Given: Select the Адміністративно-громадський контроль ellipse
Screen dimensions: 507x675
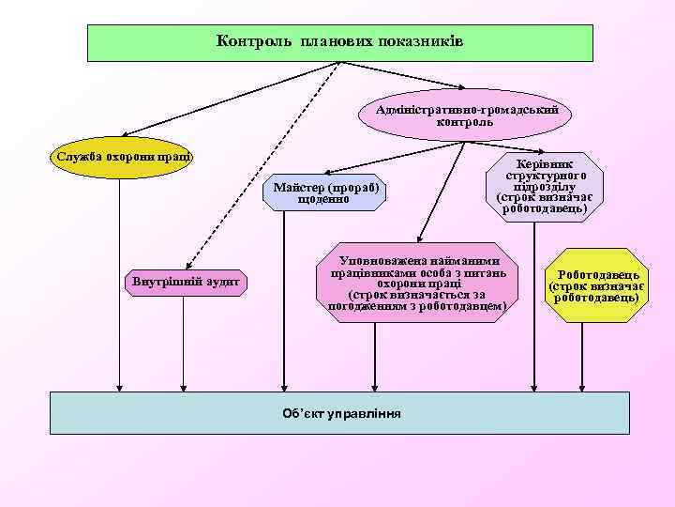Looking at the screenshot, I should point(465,115).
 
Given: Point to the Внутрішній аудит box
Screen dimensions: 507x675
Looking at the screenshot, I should point(185,281).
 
